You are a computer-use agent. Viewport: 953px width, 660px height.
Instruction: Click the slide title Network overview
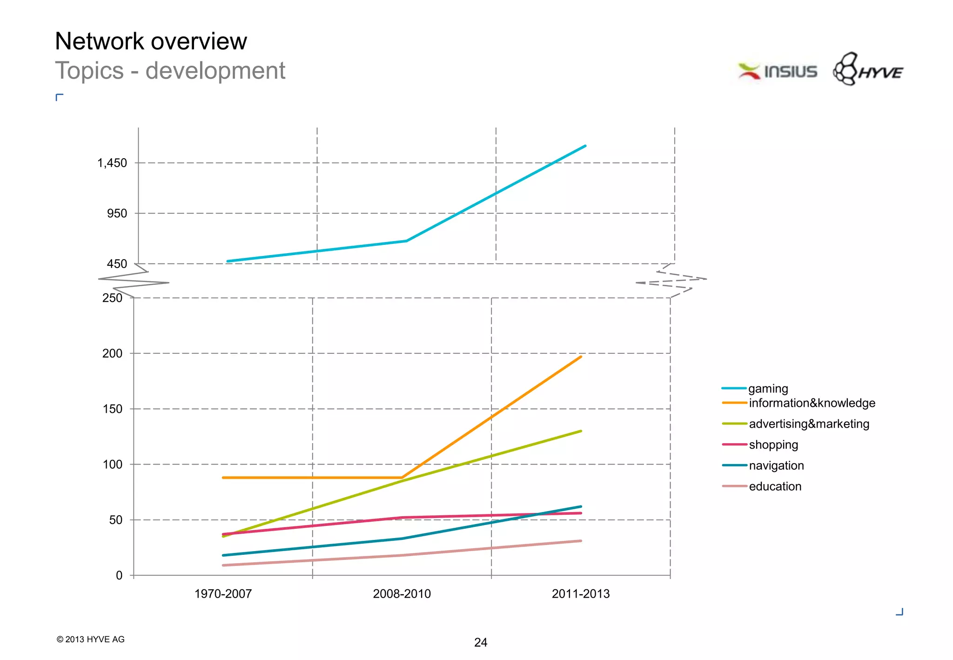tap(151, 41)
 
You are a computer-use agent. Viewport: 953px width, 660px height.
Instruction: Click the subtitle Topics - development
tap(170, 71)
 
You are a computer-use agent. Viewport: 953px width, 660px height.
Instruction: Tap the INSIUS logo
tap(778, 71)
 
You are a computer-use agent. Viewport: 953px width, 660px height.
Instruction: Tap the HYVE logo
tap(868, 70)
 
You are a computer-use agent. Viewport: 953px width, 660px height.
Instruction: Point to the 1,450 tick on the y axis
tap(112, 163)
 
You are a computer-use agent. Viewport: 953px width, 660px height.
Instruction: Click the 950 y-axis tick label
tap(117, 214)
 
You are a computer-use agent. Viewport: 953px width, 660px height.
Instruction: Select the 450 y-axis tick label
tap(117, 264)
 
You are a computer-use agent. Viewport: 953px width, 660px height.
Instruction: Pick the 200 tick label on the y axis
tap(112, 353)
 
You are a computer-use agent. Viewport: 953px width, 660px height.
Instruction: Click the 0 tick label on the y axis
tap(119, 575)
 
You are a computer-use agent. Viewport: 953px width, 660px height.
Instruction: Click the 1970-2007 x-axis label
tap(223, 594)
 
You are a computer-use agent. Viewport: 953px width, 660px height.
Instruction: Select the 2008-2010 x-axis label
tap(402, 594)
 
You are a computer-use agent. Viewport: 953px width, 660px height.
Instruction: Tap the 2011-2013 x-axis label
tap(580, 594)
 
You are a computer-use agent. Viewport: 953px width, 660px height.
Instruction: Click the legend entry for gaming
tap(768, 389)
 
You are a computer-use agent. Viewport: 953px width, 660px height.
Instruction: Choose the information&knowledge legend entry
tap(812, 403)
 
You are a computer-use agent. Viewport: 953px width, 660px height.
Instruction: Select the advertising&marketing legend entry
tap(809, 424)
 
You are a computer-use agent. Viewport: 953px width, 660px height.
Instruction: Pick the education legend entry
tap(775, 486)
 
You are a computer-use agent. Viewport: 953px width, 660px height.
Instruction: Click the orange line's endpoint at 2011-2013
tap(581, 357)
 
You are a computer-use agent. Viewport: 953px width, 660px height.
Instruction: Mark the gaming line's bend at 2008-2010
tap(406, 241)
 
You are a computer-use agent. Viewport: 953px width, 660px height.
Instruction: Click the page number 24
tap(480, 643)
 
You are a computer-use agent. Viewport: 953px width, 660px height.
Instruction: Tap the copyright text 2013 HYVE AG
tap(91, 640)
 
